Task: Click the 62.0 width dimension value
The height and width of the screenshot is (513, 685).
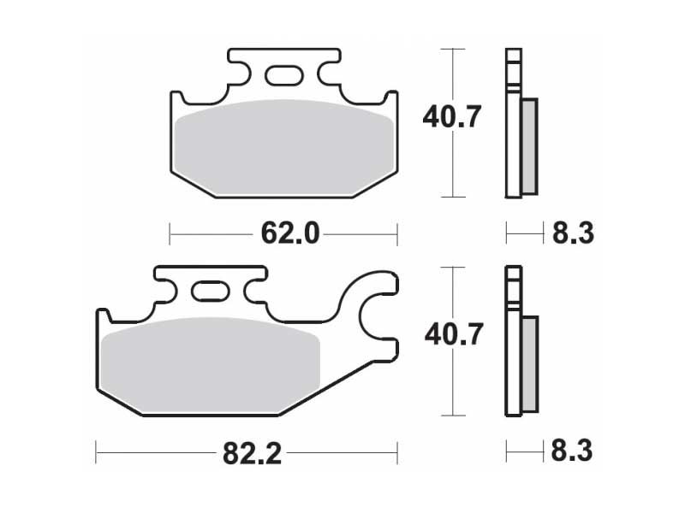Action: [x=290, y=234]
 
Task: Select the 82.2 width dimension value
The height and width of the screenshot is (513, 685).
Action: [x=252, y=454]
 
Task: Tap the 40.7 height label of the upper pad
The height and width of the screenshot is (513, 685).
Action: [x=452, y=116]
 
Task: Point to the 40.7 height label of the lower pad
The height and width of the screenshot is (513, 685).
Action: [x=454, y=334]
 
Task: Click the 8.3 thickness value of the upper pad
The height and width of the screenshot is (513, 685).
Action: [x=573, y=233]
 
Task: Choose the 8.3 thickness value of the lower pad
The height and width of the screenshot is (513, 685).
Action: [x=572, y=451]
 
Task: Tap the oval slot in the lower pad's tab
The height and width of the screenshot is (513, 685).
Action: [x=211, y=291]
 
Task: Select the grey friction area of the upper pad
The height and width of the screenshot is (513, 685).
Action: [x=284, y=147]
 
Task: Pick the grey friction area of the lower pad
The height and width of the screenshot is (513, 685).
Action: [x=211, y=366]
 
